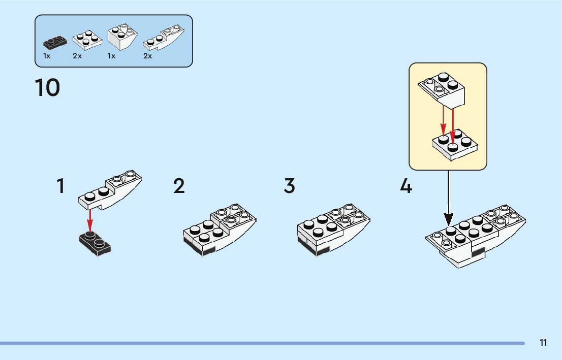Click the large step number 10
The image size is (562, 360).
point(47,87)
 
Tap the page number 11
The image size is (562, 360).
point(543,343)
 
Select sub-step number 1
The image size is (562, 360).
point(60,186)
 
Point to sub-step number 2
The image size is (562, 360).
point(179,186)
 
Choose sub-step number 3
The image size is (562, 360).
point(289,186)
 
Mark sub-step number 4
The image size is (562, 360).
point(405,186)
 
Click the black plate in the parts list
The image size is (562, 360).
point(55,41)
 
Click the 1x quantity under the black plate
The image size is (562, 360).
point(47,56)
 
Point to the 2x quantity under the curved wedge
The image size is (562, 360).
point(147,56)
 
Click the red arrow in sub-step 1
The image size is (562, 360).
point(90,220)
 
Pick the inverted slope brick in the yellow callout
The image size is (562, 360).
point(443,89)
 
